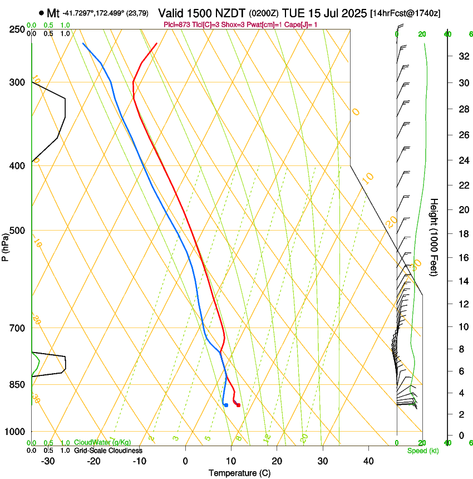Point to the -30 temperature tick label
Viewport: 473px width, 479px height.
coord(48,461)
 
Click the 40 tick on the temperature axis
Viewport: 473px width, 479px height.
coord(368,461)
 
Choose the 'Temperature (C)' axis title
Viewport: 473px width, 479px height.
coord(239,473)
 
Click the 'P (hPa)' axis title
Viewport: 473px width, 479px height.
coord(6,246)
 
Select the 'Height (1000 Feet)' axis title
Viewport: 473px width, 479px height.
coord(435,237)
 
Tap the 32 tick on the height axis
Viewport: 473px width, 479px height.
coord(462,56)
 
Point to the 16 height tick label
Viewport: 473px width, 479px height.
coord(462,257)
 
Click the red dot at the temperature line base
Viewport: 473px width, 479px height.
coord(238,405)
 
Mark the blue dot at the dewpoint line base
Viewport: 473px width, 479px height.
coord(226,405)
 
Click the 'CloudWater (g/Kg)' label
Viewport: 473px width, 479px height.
coord(102,442)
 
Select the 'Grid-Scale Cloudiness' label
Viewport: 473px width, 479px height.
coord(108,450)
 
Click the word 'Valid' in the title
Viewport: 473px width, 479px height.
coord(170,13)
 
